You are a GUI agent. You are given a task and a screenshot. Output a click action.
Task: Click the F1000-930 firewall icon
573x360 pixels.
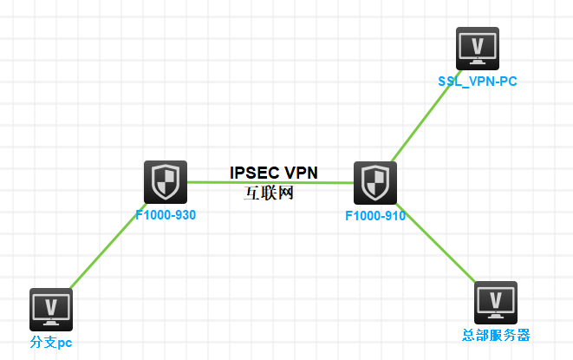[165, 181]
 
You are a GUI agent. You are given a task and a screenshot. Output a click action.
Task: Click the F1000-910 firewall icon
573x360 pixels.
[374, 182]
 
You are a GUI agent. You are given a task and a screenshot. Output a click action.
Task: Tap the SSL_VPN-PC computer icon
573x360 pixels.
[477, 48]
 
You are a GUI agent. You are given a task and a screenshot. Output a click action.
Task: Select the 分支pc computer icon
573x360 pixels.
[51, 310]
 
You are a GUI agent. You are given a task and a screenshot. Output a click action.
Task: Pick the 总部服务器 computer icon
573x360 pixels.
[495, 302]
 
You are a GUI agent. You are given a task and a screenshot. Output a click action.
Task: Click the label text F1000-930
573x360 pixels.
[166, 214]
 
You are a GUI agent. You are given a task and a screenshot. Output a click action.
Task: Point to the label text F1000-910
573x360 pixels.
[375, 215]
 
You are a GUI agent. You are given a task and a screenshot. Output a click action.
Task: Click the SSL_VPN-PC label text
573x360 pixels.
[477, 81]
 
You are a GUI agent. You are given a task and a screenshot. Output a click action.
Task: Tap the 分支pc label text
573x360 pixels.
[51, 343]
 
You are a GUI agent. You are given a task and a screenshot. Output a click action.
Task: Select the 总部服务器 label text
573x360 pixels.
[495, 335]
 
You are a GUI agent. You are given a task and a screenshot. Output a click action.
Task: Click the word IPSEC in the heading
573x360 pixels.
[250, 173]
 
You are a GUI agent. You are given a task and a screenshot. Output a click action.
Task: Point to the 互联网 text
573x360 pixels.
[270, 193]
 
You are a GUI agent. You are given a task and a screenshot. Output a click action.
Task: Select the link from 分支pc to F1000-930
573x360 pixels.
[108, 246]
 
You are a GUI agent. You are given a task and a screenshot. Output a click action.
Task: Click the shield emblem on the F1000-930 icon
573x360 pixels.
[165, 181]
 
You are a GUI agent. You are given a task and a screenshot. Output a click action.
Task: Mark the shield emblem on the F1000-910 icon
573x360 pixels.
[374, 182]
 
